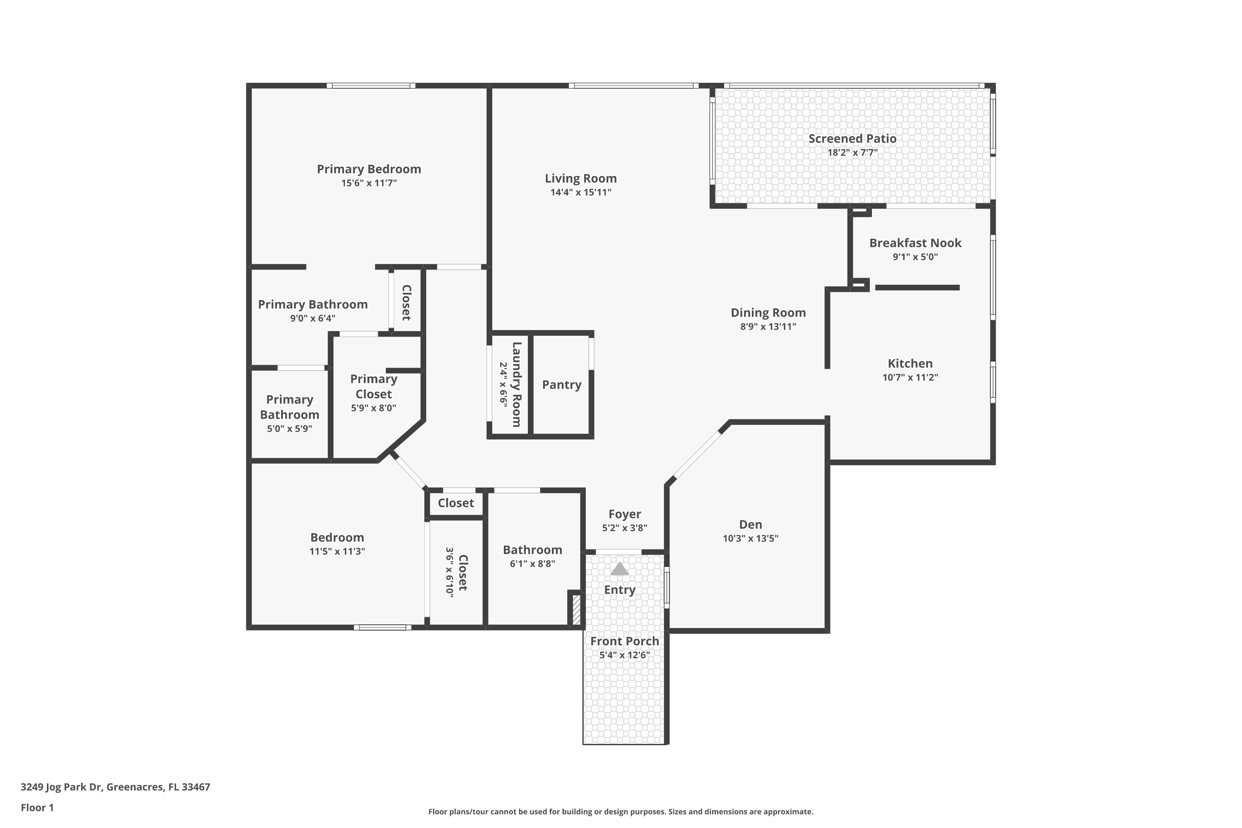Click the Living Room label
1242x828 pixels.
580,178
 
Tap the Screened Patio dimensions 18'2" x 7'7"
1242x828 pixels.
852,153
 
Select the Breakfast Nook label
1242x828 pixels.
915,243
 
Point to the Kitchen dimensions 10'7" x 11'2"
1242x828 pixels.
910,377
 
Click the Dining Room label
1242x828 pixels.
768,313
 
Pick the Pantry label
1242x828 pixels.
561,385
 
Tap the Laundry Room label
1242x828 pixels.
516,385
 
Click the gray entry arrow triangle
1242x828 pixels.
619,569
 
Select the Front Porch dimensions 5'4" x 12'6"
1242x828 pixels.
624,655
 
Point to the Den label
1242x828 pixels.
750,525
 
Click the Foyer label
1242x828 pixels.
624,514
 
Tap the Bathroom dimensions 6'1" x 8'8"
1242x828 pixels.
532,563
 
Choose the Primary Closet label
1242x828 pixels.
373,387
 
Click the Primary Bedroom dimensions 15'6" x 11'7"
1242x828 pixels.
368,183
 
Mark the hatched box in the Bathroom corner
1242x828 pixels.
577,609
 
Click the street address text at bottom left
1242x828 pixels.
115,787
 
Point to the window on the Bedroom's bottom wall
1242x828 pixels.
382,627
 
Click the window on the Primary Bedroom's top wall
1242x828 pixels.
371,86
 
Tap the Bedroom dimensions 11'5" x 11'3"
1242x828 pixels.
337,551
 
